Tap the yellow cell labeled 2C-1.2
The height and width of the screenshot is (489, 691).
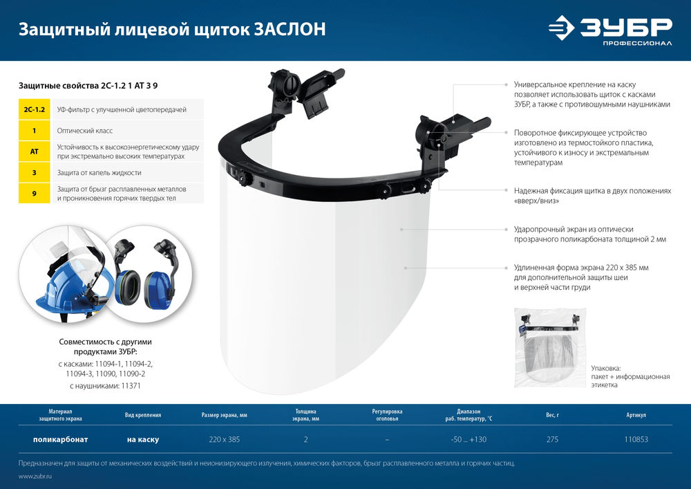pos(35,109)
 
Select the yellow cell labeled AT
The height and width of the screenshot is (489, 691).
pos(35,151)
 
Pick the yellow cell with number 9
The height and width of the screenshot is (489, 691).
pos(35,193)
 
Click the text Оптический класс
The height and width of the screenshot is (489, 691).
pos(84,131)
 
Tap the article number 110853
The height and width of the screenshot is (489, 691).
pos(636,440)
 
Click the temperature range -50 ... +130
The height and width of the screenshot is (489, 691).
pos(469,440)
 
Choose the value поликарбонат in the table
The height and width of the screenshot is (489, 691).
pos(61,440)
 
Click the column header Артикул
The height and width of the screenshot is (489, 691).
pos(636,416)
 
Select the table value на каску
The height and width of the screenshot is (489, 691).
pos(143,440)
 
